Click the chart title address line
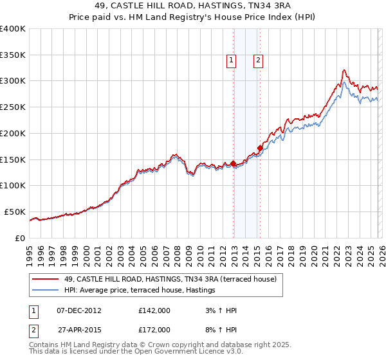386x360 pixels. tap(193, 6)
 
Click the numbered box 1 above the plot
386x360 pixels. tap(231, 61)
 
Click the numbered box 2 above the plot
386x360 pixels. tap(258, 61)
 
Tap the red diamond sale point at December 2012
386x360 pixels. tap(233, 163)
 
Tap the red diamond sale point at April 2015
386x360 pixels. tap(260, 148)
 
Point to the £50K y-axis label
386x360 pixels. tap(14, 212)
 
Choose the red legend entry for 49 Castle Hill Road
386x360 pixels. tap(170, 279)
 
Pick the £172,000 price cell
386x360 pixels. tap(154, 329)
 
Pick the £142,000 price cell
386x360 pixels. tap(154, 310)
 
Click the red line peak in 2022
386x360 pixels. tap(345, 69)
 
